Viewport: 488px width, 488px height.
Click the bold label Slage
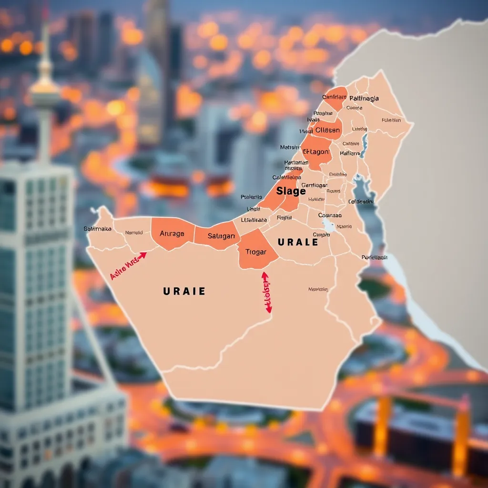(x=291, y=192)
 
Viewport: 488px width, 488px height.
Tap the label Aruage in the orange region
(x=172, y=234)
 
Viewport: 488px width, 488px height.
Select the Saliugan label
(x=222, y=236)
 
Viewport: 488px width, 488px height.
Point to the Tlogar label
(x=256, y=252)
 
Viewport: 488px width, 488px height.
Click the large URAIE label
(x=184, y=291)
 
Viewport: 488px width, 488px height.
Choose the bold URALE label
(x=298, y=242)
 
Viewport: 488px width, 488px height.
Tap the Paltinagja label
(x=364, y=98)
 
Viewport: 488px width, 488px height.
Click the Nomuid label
(x=134, y=233)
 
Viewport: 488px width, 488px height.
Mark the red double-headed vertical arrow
(x=266, y=292)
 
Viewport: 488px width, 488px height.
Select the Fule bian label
(x=391, y=120)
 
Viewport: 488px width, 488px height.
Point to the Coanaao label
(x=330, y=215)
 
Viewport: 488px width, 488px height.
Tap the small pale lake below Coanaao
(x=328, y=225)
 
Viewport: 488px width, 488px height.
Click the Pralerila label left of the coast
(x=251, y=197)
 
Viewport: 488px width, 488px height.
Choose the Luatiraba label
(x=254, y=220)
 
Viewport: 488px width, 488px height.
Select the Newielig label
(x=318, y=289)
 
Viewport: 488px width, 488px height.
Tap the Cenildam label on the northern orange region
(x=334, y=97)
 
